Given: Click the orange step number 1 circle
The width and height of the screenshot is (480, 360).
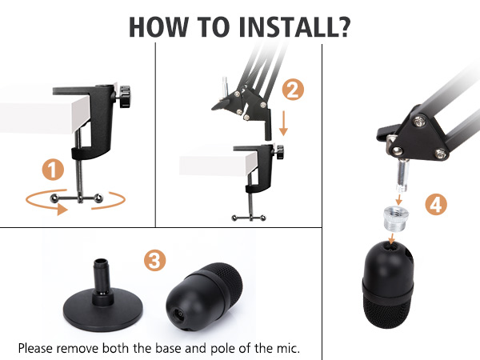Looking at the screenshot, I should click(x=53, y=170).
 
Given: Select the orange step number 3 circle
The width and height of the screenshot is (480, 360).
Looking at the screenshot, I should click(x=155, y=260).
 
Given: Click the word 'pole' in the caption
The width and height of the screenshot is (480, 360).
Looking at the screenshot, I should click(x=238, y=348).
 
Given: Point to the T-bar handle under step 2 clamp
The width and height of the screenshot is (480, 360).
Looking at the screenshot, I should click(x=250, y=216).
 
